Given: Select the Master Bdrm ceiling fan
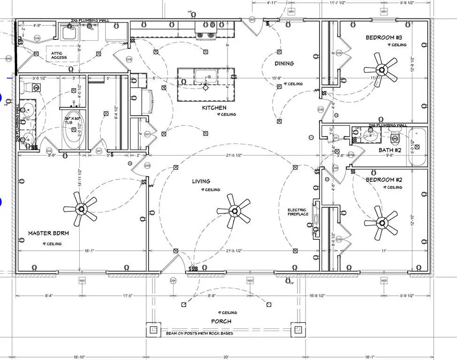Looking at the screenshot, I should (x=81, y=209).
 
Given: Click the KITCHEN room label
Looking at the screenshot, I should (x=214, y=108).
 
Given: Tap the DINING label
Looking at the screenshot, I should (x=284, y=63).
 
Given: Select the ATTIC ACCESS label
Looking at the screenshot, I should (x=59, y=55).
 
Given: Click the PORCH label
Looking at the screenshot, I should (x=221, y=322).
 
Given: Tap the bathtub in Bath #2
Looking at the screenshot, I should (x=417, y=146).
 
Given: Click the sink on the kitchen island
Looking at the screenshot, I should (x=206, y=76).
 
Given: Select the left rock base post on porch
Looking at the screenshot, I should (x=153, y=330).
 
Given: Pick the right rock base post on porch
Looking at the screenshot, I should (x=297, y=330).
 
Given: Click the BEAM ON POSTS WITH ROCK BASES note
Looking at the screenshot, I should (x=199, y=334).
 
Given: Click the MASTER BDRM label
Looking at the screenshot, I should (x=46, y=233).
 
